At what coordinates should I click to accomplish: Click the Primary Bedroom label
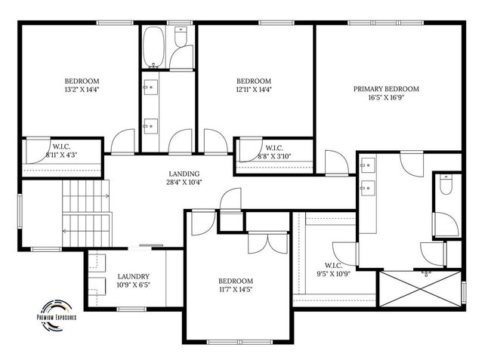coord(386,89)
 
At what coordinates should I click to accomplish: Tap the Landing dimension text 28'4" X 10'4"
coord(184,183)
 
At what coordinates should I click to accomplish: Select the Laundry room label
coord(134,276)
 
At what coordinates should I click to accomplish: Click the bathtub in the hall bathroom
coord(153,47)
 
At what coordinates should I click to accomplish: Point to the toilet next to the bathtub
coord(181,36)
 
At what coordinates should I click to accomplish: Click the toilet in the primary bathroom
coord(446,185)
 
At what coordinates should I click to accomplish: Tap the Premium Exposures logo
coord(57,315)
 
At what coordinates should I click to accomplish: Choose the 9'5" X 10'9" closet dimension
coord(333,274)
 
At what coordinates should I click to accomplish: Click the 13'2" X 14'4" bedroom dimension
coord(82,90)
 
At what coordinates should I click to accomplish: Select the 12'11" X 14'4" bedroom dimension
coord(254,90)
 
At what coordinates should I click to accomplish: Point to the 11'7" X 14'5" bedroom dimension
coord(236,289)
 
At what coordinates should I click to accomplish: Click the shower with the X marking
coord(420,289)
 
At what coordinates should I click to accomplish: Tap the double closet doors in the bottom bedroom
coord(268,243)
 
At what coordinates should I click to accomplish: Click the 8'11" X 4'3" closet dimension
coord(61,155)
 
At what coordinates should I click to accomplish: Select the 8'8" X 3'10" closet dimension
coord(274,156)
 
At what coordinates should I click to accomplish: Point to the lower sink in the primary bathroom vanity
coord(368,188)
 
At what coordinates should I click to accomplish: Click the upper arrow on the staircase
coord(86,196)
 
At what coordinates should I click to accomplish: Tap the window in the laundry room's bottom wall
coord(131,309)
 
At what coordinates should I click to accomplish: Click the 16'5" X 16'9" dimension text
coord(386,97)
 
